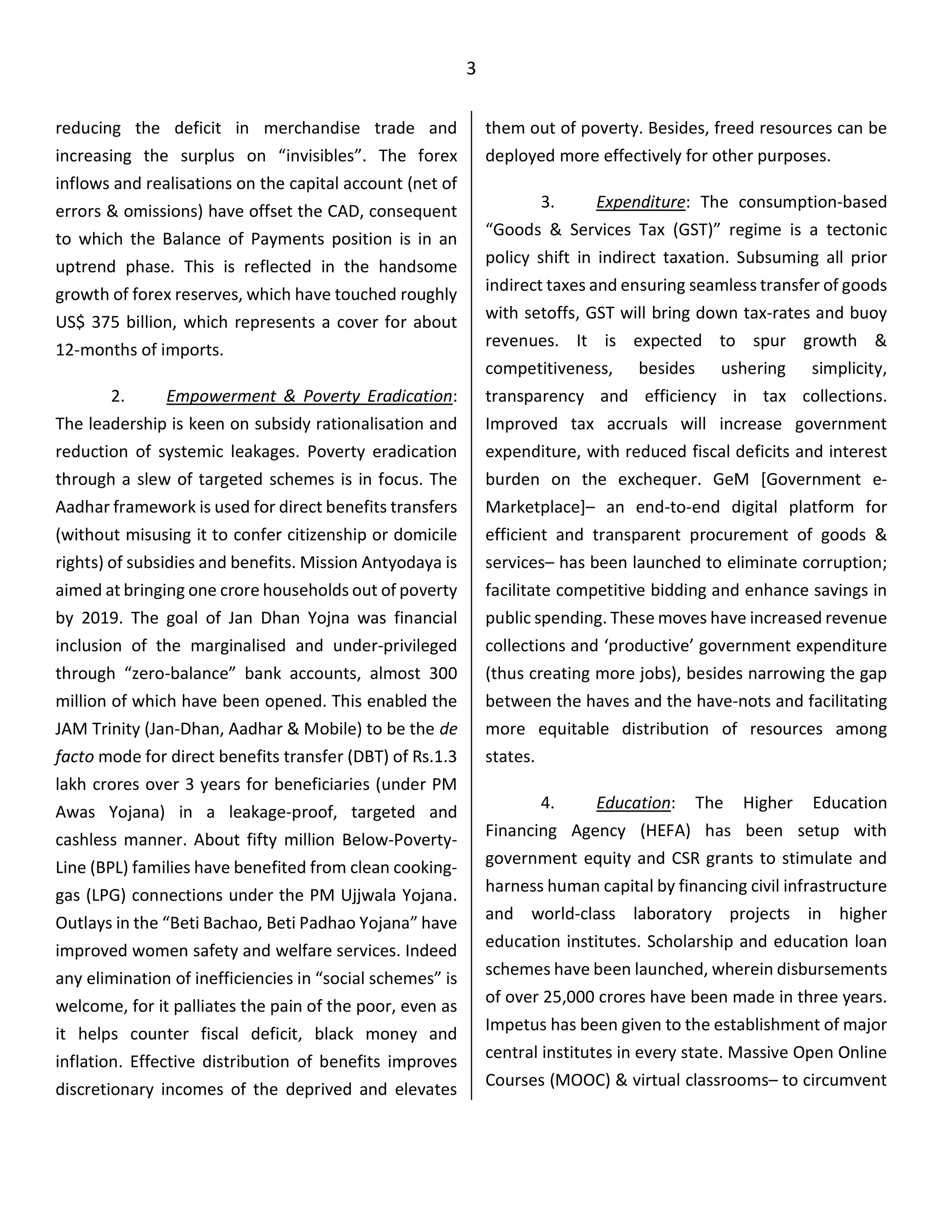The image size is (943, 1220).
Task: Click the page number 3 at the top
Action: [x=471, y=69]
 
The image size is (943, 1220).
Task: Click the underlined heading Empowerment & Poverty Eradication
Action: [x=309, y=396]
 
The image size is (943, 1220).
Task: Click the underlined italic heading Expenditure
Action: [x=640, y=202]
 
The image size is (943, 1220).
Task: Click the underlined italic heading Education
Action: [x=633, y=803]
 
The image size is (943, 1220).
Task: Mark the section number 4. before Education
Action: [x=547, y=803]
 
